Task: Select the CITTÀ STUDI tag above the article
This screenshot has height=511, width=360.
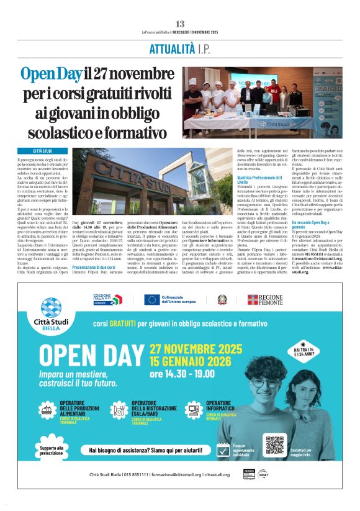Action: coord(43,151)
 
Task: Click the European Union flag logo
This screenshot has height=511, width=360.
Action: coord(152,300)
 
